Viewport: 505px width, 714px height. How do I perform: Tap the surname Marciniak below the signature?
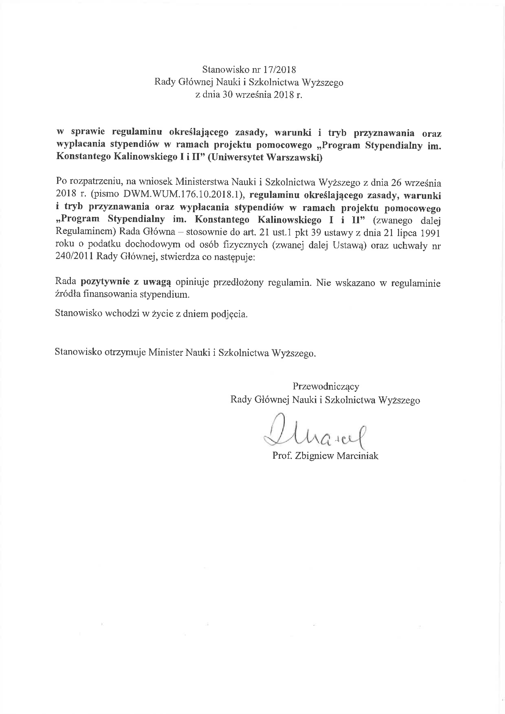[x=357, y=456]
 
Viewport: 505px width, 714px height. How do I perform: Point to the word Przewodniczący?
[x=326, y=387]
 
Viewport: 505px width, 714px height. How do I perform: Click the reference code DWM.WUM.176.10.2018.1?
[x=182, y=194]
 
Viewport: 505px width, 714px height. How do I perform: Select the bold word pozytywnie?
[x=105, y=282]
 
